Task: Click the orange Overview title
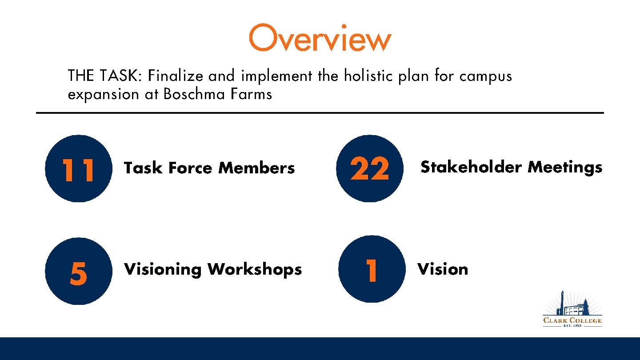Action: click(320, 38)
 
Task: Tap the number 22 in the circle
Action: click(369, 170)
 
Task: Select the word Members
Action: click(256, 168)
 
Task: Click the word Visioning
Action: click(163, 270)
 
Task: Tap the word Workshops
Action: click(255, 270)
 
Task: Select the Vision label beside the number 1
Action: click(443, 269)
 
